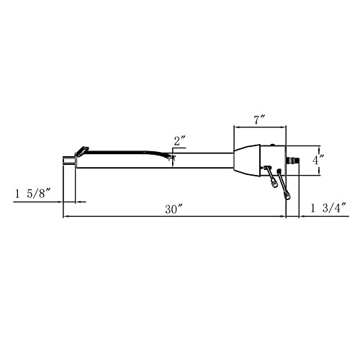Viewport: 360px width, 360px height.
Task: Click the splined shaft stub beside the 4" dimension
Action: pyautogui.click(x=293, y=157)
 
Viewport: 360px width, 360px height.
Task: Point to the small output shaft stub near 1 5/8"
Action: pyautogui.click(x=69, y=160)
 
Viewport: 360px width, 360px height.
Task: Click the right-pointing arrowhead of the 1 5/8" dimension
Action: pyautogui.click(x=61, y=202)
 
